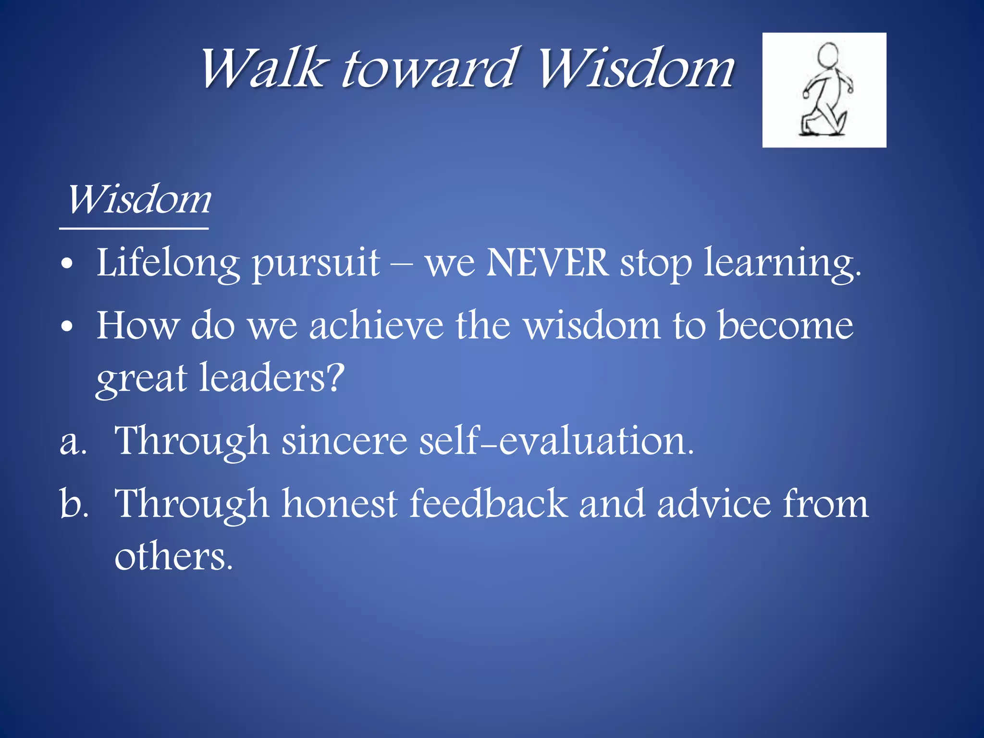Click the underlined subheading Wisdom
(138, 200)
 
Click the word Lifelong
(168, 264)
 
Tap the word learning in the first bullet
(782, 264)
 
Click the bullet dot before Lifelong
(67, 264)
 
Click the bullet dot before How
(67, 327)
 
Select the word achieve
(376, 326)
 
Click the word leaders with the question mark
(271, 378)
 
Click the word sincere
(344, 441)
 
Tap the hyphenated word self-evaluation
(556, 441)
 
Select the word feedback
(488, 504)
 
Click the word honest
(339, 504)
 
